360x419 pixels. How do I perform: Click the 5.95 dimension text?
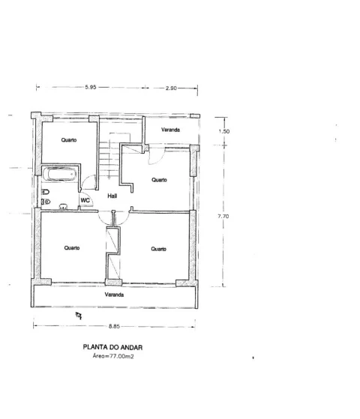[91, 87]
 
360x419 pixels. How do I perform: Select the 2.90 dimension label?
[171, 88]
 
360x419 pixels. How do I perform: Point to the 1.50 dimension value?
[223, 131]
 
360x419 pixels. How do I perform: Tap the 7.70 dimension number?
[223, 216]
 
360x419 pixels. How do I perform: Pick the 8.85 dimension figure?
[114, 326]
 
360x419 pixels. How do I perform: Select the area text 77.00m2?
[121, 356]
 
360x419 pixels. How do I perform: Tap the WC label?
[85, 200]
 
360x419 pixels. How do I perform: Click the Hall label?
[112, 196]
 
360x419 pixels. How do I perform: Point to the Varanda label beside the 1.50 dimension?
[170, 130]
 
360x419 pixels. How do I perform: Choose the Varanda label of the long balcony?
[114, 295]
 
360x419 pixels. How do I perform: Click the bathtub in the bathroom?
[59, 174]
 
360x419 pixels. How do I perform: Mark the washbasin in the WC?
[64, 206]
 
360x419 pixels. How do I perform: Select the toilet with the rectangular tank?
[46, 192]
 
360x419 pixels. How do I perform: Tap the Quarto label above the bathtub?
[69, 140]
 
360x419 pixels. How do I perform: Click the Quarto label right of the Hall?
[159, 180]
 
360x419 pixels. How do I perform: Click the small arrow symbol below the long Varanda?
[79, 316]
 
